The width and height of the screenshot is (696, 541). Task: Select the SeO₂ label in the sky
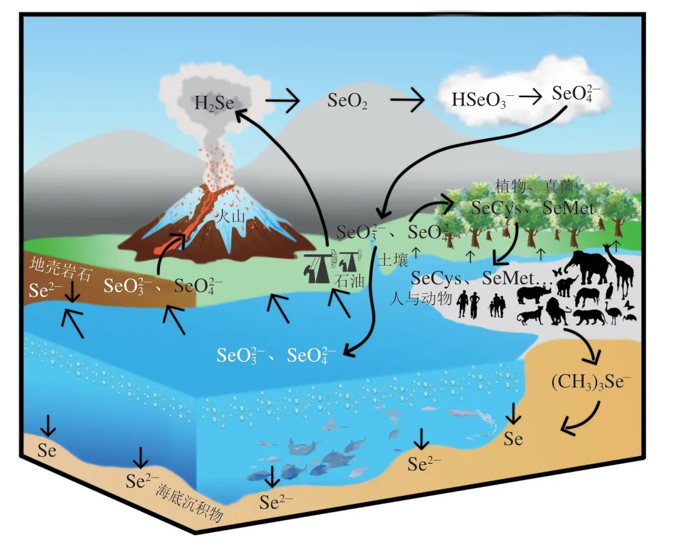click(x=347, y=102)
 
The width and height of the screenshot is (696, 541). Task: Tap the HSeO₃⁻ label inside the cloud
click(x=478, y=100)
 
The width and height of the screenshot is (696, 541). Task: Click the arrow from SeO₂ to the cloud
click(x=407, y=101)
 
